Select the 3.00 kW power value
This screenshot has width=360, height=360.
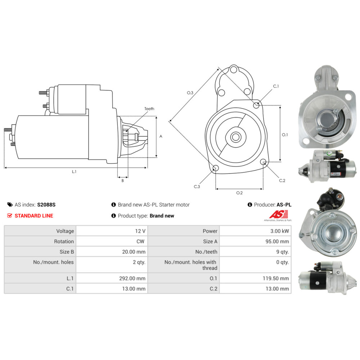279,231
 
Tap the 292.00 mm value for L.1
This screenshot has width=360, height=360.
132,278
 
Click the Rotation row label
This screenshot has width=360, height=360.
64,241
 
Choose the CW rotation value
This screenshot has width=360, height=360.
140,241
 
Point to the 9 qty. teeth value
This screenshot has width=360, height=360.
282,252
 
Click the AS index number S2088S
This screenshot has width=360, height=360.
46,204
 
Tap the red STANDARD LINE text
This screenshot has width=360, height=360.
34,216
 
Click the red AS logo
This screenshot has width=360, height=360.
279,214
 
